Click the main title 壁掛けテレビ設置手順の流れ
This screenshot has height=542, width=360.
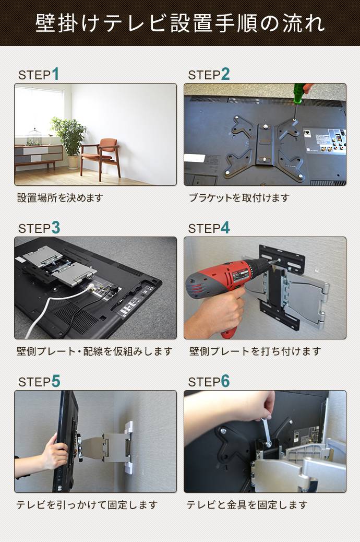coord(180,23)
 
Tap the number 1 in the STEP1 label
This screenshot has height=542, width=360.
coord(55,75)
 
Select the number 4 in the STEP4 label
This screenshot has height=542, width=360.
coord(225,228)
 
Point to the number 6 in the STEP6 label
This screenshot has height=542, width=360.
coord(225,382)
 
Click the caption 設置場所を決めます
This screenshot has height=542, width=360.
coord(60,198)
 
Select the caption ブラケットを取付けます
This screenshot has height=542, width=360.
coord(239,198)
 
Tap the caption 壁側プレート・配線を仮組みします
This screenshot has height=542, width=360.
coord(94,351)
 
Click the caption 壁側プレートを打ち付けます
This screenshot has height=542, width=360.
coord(255,351)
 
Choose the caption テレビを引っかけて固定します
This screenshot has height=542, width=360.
coord(87,505)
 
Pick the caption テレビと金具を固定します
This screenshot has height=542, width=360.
coord(247,505)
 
